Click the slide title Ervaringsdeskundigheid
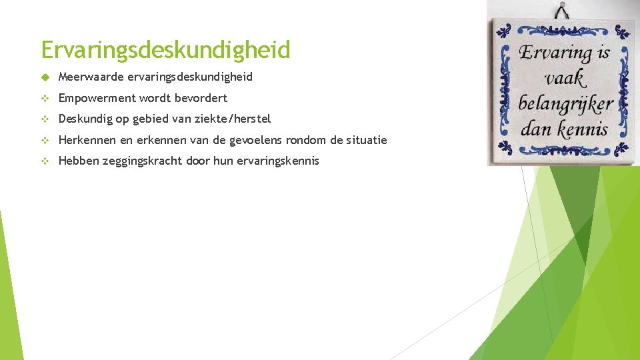pyautogui.click(x=165, y=50)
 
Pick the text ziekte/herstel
pyautogui.click(x=237, y=119)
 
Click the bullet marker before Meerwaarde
pyautogui.click(x=44, y=77)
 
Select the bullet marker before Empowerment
pyautogui.click(x=44, y=98)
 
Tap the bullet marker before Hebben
pyautogui.click(x=44, y=161)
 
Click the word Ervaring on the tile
pyautogui.click(x=555, y=52)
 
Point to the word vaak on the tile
pyautogui.click(x=565, y=78)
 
